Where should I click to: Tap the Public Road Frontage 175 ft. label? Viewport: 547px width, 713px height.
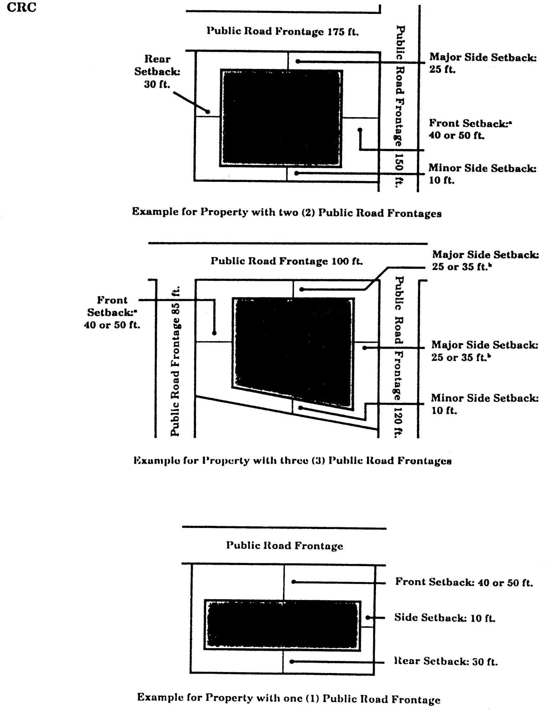click(283, 32)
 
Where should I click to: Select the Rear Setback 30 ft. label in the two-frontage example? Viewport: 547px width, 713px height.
click(157, 72)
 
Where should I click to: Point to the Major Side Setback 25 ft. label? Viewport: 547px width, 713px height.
click(483, 63)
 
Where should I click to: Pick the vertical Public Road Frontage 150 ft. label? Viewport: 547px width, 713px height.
click(399, 105)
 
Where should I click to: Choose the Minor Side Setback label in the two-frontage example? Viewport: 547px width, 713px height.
click(482, 174)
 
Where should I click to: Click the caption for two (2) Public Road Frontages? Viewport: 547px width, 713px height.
click(287, 212)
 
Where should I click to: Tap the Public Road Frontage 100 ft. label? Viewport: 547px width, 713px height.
click(287, 261)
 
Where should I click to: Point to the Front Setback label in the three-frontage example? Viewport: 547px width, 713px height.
click(112, 312)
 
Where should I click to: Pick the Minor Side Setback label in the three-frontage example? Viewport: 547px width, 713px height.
click(484, 404)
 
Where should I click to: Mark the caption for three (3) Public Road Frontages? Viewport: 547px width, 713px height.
click(293, 461)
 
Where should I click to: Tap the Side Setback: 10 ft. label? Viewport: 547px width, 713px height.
click(444, 617)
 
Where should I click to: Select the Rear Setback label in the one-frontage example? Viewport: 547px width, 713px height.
click(445, 662)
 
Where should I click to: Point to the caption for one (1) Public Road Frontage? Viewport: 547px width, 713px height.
click(289, 698)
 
